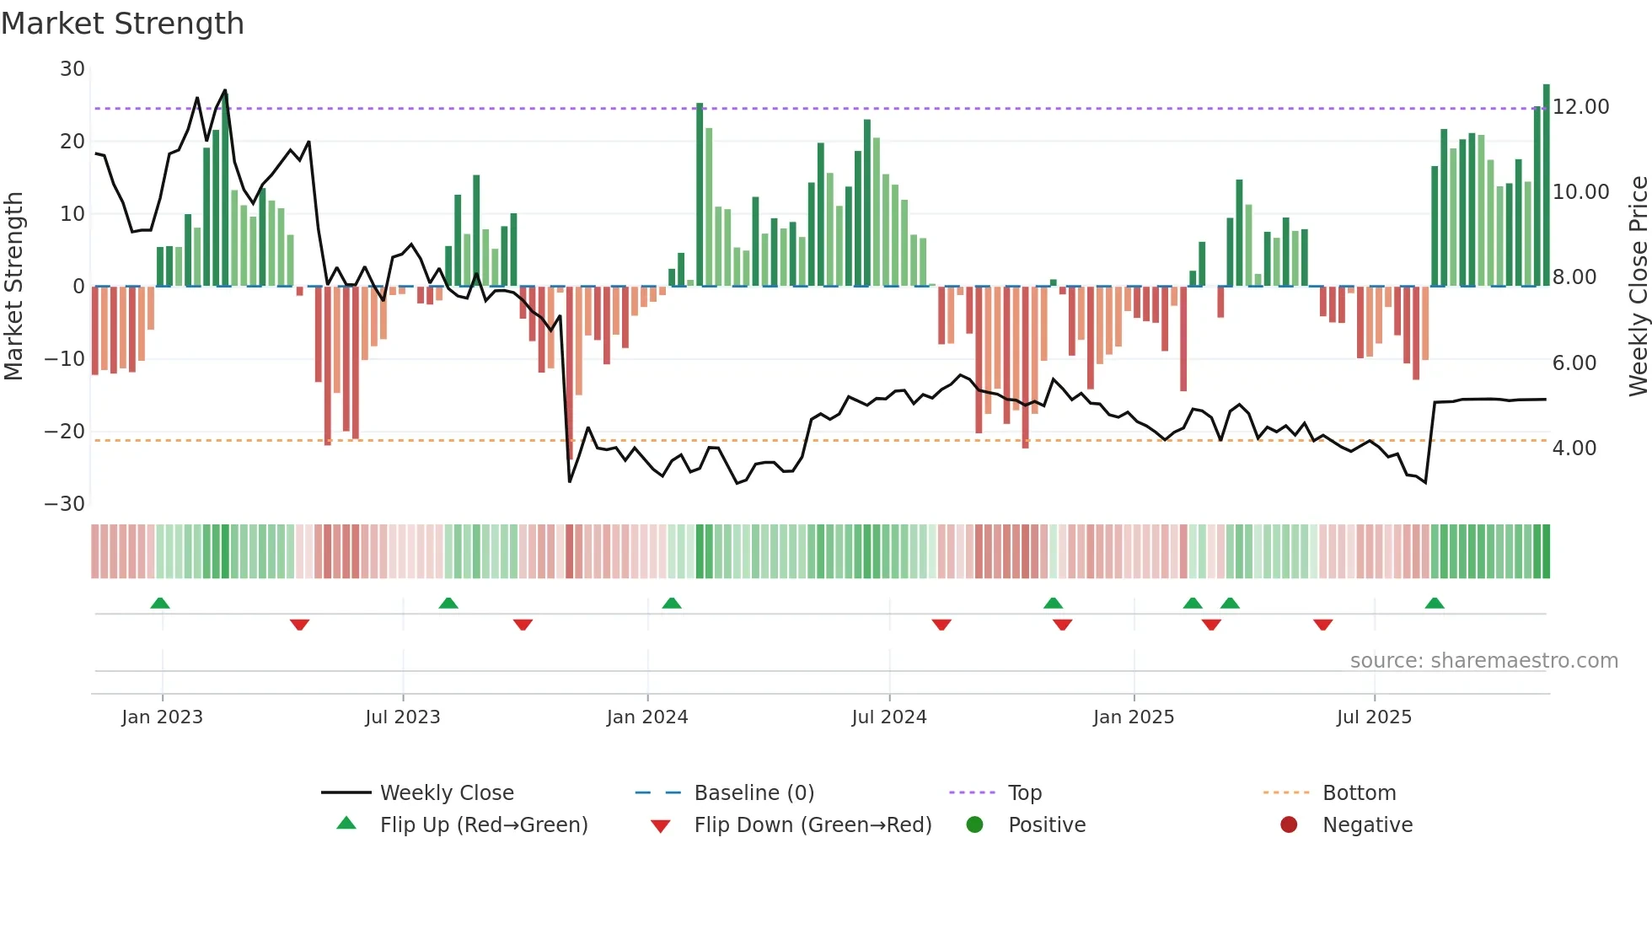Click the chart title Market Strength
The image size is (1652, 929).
(x=122, y=24)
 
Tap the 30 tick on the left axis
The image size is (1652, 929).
(x=72, y=69)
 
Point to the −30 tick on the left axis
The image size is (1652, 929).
(x=65, y=504)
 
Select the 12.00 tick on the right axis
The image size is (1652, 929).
(x=1580, y=107)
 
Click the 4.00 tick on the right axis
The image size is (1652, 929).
(x=1574, y=448)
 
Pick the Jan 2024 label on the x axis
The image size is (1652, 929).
(x=646, y=717)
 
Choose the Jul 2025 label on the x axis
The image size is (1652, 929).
(x=1373, y=717)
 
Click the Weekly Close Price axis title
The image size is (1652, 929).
(x=1638, y=287)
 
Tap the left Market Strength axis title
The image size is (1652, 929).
(x=13, y=287)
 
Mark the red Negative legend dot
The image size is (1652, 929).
(x=1288, y=825)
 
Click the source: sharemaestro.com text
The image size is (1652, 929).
(x=1483, y=661)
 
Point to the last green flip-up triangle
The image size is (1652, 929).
(x=1434, y=604)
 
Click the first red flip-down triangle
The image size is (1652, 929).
(x=299, y=625)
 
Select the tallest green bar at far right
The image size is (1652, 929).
(x=1546, y=185)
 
